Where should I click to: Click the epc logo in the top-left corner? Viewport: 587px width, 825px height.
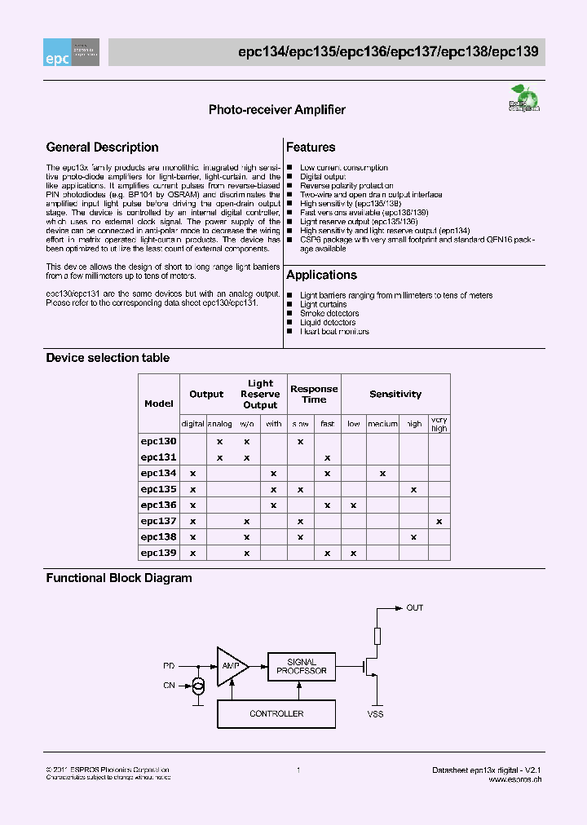[x=72, y=52]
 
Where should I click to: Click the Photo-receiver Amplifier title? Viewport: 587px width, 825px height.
[x=277, y=110]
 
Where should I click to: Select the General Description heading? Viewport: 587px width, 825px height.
[x=103, y=148]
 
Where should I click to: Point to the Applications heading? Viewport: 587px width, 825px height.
[x=321, y=276]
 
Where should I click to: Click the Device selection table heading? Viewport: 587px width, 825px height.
[x=108, y=358]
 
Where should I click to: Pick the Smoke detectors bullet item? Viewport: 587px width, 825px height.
[x=329, y=314]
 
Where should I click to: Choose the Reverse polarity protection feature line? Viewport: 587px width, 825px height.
[x=346, y=186]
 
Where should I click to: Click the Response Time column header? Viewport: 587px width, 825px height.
[x=314, y=395]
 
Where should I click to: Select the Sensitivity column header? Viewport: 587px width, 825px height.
[x=395, y=395]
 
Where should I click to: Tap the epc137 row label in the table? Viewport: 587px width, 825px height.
[x=159, y=521]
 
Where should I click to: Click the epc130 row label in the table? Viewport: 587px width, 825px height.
[x=159, y=441]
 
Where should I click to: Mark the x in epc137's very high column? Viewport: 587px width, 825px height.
[x=439, y=521]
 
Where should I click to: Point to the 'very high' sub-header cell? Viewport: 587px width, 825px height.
[x=439, y=424]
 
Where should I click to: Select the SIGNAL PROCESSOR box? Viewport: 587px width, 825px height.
[x=302, y=667]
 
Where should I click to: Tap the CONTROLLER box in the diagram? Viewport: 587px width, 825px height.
[x=276, y=714]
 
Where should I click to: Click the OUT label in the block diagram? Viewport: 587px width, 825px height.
[x=415, y=608]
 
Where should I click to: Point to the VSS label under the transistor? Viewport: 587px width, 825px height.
[x=375, y=714]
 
